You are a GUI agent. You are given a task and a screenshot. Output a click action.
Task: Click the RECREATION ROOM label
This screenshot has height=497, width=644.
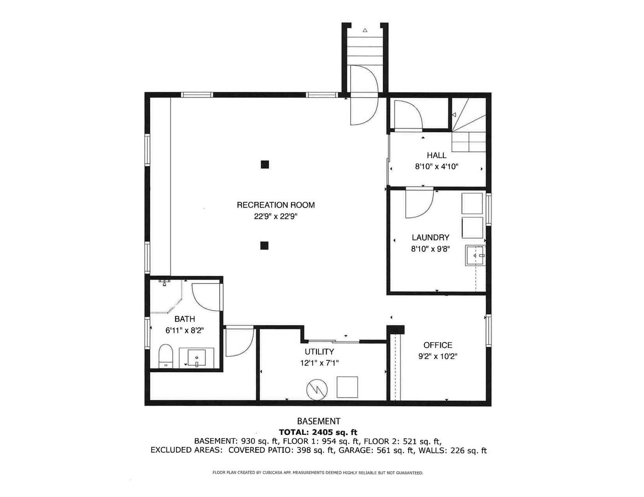[275, 205]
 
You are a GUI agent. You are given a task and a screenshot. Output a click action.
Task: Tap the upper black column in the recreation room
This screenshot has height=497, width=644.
[264, 164]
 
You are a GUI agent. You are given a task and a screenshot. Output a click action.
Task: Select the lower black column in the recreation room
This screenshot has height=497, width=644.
[264, 245]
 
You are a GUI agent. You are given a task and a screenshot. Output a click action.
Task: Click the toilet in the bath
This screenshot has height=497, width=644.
[165, 357]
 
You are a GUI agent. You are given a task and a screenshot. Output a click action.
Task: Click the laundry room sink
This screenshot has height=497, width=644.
[475, 255]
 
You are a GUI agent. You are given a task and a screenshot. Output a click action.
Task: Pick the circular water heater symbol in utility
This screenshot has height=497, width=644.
[317, 389]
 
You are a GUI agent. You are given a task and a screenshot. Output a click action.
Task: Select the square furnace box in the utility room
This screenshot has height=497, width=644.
[347, 387]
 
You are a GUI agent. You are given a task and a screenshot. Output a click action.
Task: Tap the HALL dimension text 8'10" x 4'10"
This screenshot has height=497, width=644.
[436, 167]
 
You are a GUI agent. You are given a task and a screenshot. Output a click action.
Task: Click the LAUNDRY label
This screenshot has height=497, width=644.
[430, 237]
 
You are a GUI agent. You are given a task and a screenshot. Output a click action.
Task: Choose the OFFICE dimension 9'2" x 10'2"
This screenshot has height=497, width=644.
[438, 356]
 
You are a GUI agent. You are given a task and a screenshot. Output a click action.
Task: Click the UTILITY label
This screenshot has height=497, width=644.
[319, 352]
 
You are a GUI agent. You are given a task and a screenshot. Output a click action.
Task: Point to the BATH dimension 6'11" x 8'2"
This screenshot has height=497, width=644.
[184, 330]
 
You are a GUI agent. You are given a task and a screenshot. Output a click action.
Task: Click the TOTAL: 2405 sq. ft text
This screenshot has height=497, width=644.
[318, 432]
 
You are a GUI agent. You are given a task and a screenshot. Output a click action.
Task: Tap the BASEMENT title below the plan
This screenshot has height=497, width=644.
[318, 421]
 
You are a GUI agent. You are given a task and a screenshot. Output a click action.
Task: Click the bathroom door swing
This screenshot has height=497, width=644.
[205, 296]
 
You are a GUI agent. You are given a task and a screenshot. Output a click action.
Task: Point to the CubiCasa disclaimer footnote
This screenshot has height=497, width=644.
[317, 473]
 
